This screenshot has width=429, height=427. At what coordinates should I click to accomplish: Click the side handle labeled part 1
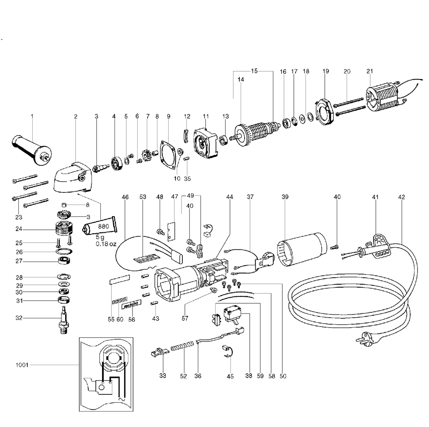click(x=32, y=148)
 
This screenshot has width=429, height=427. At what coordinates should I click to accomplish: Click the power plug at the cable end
click(x=362, y=339)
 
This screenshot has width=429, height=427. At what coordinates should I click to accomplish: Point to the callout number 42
click(x=401, y=197)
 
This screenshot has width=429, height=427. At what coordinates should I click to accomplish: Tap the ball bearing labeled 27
click(x=63, y=261)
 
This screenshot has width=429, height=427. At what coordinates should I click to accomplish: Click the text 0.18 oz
click(x=106, y=244)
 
